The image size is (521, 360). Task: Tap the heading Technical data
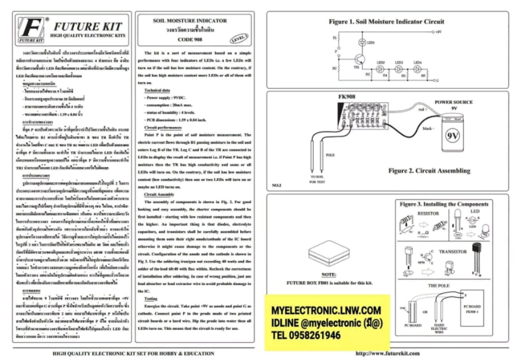click(157, 90)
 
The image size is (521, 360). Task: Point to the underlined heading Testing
click(151, 299)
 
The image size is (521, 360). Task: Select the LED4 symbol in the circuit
click(417, 69)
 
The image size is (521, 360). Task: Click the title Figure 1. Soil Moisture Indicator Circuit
click(386, 22)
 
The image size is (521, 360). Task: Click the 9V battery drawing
click(452, 133)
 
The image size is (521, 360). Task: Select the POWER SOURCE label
click(453, 102)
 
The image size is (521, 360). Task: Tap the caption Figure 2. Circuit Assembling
click(429, 171)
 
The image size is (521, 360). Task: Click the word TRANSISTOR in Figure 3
click(452, 251)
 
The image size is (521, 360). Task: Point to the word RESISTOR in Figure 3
click(428, 213)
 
